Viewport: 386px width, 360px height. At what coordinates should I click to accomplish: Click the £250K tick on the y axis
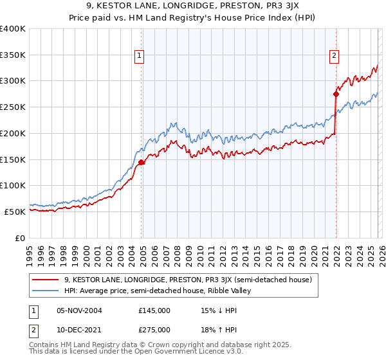coord(13,107)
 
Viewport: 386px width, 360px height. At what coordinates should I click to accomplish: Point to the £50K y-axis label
coord(15,212)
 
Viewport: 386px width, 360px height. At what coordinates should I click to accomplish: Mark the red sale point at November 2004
coord(142,162)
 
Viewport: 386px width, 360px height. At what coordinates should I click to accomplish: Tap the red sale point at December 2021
coord(336,94)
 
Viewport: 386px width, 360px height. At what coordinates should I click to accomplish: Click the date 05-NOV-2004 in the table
coord(79,310)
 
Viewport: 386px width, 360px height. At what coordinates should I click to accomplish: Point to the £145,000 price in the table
coord(154,310)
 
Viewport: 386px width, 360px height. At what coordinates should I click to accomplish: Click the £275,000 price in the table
coord(154,329)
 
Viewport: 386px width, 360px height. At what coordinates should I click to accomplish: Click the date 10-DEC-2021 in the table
coord(79,329)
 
